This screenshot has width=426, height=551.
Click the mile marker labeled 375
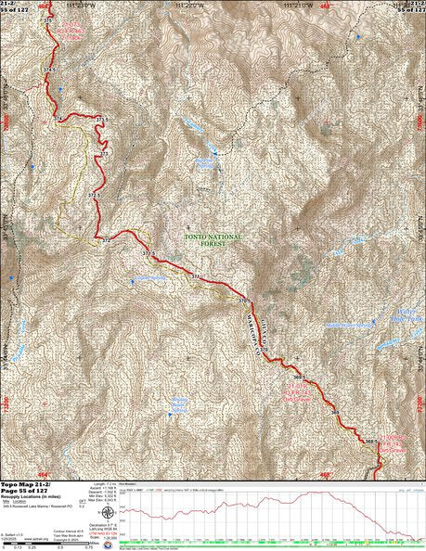click(x=48, y=19)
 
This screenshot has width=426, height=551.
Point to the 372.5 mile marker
click(x=94, y=197)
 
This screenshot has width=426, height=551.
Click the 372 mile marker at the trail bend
click(x=108, y=240)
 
